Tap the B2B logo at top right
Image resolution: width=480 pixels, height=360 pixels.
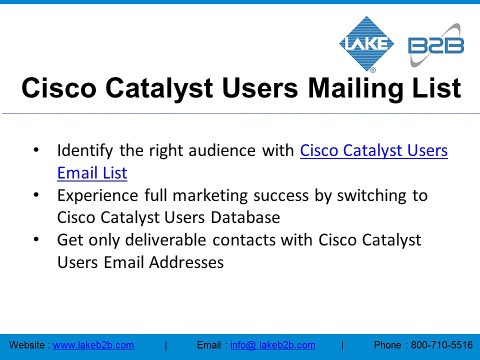point(436,46)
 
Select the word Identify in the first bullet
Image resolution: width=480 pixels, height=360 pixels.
point(86,151)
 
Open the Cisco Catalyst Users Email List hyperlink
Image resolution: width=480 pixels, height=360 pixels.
point(373,151)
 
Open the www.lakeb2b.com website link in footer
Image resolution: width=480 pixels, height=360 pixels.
point(93,345)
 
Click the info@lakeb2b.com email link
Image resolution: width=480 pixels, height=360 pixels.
point(272,345)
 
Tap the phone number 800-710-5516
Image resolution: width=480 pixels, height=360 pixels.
point(441,345)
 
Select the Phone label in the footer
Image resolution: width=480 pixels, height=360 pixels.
point(388,345)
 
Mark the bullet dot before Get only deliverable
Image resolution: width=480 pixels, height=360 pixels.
point(37,241)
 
